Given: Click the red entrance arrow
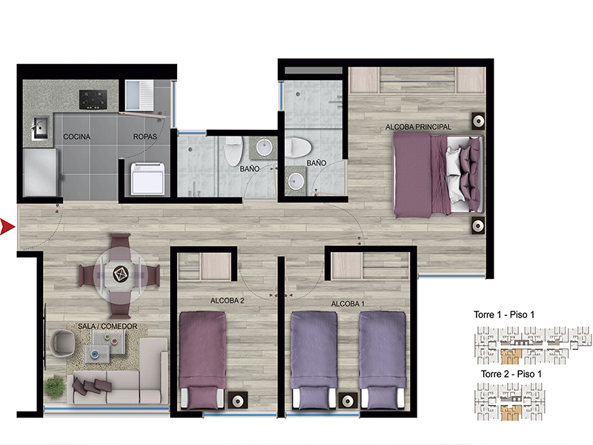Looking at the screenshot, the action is tap(7, 227).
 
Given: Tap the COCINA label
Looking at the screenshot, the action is tap(77, 136).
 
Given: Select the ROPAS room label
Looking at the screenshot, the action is tap(145, 136).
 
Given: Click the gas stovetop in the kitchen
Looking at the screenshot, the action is tap(93, 99).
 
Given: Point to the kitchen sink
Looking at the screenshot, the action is tap(39, 128).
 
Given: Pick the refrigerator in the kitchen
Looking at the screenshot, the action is tap(41, 173).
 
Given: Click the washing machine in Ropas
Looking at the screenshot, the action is tap(148, 179).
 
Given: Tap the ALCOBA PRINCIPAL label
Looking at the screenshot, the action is tap(418, 127).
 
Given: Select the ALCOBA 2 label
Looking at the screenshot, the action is tap(227, 301).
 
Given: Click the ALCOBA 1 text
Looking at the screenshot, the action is tap(348, 304).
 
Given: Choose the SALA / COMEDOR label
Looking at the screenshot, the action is tap(107, 326).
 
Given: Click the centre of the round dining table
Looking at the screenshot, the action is tap(121, 274).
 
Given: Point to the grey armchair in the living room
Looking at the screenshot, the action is tap(62, 343).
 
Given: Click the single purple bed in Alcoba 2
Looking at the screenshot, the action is tap(202, 360).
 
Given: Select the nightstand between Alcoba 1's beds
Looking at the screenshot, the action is tap(348, 400).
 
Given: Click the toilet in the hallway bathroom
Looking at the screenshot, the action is tap(233, 151).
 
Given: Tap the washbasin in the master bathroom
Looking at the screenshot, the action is tap(295, 181).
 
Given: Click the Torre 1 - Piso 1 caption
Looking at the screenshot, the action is tap(504, 314).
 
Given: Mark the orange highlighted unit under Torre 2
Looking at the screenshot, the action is tap(511, 413).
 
